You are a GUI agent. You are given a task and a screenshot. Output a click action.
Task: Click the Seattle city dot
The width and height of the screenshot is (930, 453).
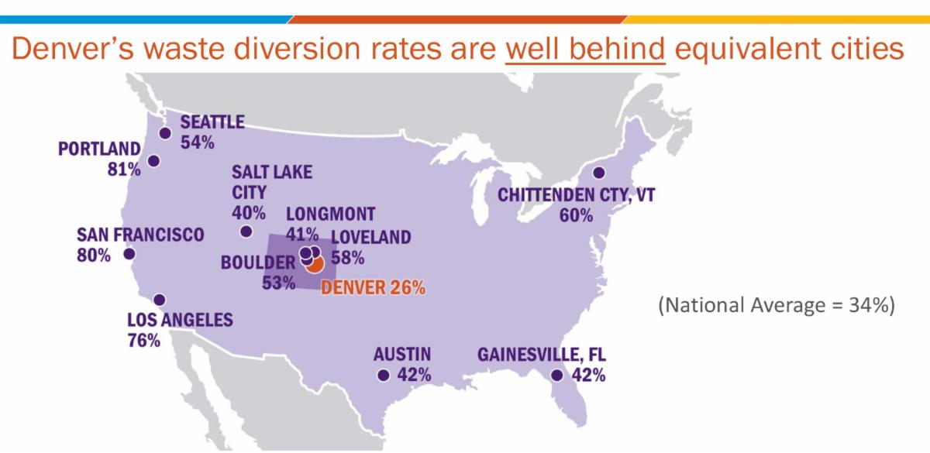click(x=164, y=133)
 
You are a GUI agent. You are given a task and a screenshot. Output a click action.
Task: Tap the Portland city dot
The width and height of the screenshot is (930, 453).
click(x=153, y=161)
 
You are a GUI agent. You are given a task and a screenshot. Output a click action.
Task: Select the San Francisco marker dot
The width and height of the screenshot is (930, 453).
click(x=129, y=254)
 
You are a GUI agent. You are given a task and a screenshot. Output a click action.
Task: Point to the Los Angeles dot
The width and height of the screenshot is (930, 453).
click(x=160, y=300)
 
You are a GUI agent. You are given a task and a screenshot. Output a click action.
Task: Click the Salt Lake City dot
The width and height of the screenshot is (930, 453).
click(x=246, y=231)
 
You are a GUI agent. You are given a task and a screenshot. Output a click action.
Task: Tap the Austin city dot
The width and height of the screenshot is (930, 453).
click(x=383, y=376)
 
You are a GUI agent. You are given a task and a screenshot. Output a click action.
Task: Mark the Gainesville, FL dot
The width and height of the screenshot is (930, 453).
click(x=556, y=376)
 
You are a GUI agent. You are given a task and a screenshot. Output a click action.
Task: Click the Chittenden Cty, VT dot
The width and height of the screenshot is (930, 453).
click(x=598, y=173)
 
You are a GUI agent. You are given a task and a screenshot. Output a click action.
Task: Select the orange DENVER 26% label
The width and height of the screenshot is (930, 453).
click(x=373, y=288)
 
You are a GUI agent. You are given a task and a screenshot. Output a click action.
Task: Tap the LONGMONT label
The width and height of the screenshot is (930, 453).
click(x=330, y=214)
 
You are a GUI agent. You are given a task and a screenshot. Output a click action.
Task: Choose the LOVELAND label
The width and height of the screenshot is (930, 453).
click(x=370, y=238)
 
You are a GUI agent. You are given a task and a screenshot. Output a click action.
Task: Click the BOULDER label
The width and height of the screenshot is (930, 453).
click(x=258, y=263)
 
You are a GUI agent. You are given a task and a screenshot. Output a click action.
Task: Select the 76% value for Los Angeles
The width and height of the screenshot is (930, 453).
click(x=144, y=340)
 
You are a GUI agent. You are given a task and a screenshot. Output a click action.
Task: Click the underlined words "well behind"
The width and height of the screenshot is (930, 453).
click(x=585, y=48)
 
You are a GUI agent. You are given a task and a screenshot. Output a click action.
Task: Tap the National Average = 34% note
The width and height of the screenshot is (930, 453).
click(x=777, y=306)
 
